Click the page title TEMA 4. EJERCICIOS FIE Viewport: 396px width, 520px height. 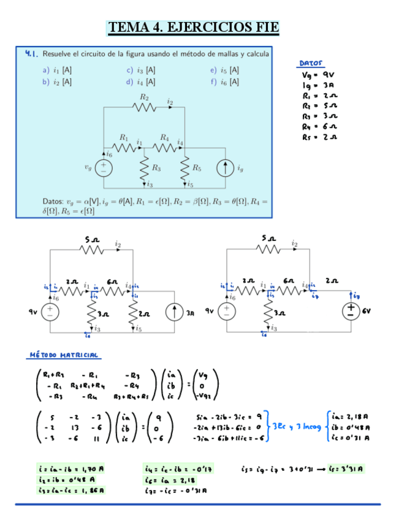pos(193,28)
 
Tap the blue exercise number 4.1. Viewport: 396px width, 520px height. pos(32,53)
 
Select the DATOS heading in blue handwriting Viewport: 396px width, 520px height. pos(311,63)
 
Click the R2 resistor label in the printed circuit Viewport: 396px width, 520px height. pos(144,97)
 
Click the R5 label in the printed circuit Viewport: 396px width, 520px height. pos(196,167)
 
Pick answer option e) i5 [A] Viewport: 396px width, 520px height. pos(224,70)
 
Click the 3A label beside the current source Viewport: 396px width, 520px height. pos(191,312)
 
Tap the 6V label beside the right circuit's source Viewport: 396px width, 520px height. pos(367,312)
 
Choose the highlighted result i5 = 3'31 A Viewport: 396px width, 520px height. pos(347,470)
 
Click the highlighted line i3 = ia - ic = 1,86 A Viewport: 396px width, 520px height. pos(71,491)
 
